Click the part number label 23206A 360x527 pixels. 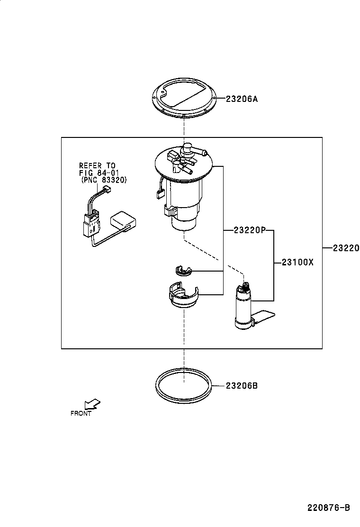coord(242,99)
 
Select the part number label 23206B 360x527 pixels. coord(242,386)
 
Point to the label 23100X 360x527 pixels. coord(297,262)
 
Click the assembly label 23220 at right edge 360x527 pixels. coord(345,248)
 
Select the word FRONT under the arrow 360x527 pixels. coord(81,413)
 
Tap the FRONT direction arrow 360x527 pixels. coord(92,404)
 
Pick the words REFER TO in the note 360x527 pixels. coord(97,165)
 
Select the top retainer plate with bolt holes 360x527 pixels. coord(184,100)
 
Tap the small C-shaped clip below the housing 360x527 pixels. coord(182,271)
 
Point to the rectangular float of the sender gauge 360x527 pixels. coord(124,222)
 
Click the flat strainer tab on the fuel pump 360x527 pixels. coord(265,317)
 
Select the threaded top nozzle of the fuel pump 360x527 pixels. coord(245,286)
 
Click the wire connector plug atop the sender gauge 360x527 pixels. coord(107,191)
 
